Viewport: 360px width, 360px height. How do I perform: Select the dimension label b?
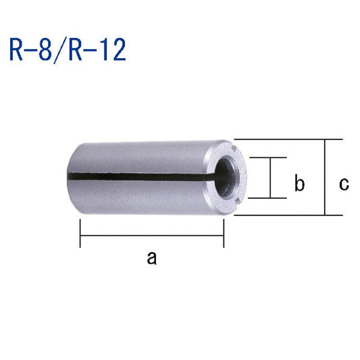point(301,183)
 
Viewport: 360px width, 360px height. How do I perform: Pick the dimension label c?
point(344,183)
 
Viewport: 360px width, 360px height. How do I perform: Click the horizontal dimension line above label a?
point(152,236)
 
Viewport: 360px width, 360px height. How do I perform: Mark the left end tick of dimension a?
point(80,236)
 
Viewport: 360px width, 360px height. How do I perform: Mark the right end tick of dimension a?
point(223,236)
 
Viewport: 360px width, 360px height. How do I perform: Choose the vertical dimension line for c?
point(326,178)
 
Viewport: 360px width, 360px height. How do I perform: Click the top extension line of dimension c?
point(284,140)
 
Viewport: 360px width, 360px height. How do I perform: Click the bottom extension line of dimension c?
point(284,215)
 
